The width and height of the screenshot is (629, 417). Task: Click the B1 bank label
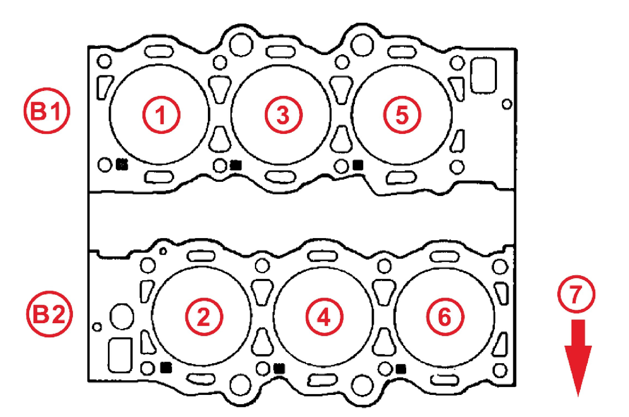47,111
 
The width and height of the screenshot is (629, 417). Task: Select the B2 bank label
50,314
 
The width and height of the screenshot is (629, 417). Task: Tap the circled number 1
161,115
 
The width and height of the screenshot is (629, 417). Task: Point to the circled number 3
284,115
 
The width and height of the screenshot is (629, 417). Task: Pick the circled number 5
402,115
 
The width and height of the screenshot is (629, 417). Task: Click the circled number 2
204,317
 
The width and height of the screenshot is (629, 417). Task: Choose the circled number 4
324,317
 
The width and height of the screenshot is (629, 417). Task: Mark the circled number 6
445,317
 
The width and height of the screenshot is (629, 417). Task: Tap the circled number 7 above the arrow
576,294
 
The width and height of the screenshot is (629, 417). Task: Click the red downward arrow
578,358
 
